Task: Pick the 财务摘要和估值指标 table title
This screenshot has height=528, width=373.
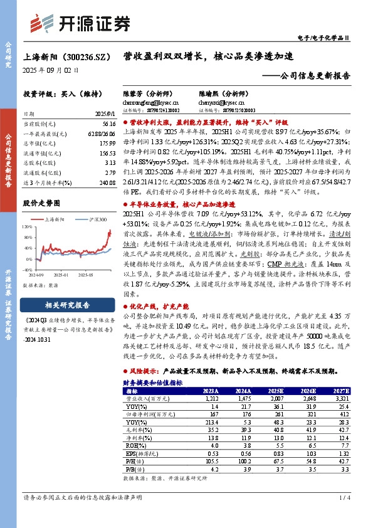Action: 153,382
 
